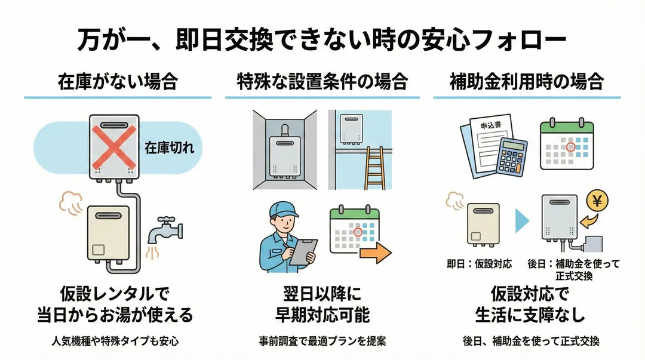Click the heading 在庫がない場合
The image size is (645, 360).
(x=118, y=82)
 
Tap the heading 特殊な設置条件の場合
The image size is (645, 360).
(x=322, y=82)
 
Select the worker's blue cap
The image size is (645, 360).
(x=282, y=210)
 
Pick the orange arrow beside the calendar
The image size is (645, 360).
(x=374, y=253)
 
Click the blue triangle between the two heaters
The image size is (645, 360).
(x=522, y=220)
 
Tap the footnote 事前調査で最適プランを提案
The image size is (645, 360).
(x=322, y=341)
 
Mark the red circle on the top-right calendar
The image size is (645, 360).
(x=570, y=146)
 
